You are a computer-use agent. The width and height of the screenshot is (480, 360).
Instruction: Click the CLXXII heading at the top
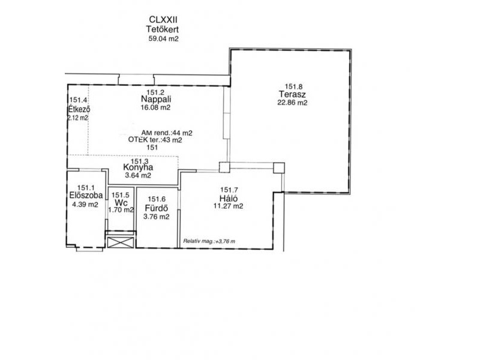(163, 20)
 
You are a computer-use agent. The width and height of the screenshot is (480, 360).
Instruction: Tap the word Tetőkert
(162, 29)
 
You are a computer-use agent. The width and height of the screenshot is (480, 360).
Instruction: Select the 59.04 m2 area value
(163, 39)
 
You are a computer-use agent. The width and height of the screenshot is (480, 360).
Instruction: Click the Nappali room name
(156, 99)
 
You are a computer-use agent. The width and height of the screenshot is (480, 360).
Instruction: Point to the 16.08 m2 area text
(155, 107)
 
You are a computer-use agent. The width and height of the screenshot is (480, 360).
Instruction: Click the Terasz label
(292, 94)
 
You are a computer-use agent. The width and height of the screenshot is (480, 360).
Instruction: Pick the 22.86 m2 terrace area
(292, 103)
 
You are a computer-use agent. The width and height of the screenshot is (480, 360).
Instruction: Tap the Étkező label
(79, 109)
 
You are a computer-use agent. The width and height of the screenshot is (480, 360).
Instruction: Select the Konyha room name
(138, 167)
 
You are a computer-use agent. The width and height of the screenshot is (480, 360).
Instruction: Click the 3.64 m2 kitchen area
(138, 176)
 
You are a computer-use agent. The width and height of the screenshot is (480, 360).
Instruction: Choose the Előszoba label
(86, 196)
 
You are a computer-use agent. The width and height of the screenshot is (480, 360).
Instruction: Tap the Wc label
(121, 203)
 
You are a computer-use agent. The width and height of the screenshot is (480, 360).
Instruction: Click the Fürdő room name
(157, 208)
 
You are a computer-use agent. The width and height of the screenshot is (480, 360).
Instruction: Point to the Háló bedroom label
(229, 198)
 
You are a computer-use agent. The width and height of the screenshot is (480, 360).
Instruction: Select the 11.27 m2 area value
(229, 206)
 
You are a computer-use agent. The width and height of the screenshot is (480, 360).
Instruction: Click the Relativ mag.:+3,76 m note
(209, 241)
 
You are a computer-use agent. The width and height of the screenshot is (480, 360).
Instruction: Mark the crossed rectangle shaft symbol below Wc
(121, 242)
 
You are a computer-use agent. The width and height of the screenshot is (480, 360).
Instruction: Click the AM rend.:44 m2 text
(167, 133)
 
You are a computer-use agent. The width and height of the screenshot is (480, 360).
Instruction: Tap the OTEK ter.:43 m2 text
(155, 140)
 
